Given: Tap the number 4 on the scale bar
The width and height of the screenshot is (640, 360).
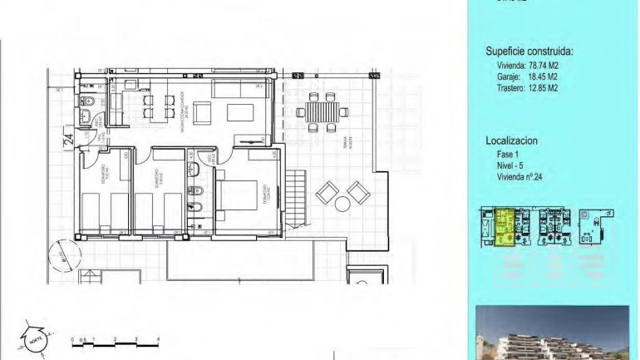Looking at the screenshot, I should point(158,339).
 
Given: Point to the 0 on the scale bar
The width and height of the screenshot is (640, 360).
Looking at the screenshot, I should point(73,339).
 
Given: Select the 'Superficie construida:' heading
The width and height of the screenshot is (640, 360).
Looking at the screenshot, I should point(529,52).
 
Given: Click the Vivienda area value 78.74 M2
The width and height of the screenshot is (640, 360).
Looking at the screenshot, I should point(548,65).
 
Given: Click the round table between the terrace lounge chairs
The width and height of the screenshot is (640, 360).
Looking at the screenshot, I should point(342,196).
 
